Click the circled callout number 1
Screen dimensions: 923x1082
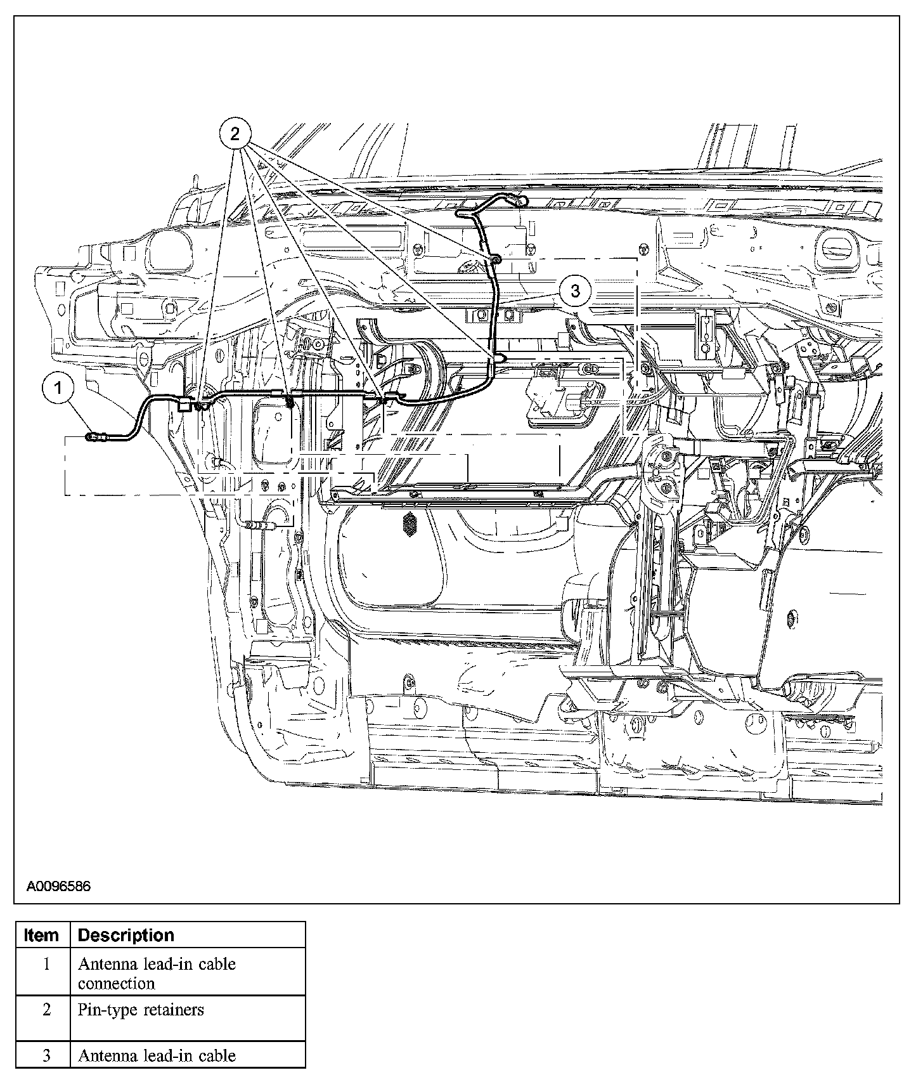(x=58, y=388)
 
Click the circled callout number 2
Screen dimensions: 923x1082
(x=235, y=133)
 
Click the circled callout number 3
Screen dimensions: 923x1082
(x=576, y=292)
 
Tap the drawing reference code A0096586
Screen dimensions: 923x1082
(x=58, y=886)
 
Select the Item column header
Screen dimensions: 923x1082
(x=42, y=935)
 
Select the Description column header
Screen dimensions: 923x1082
(x=126, y=935)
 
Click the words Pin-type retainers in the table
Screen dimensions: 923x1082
(x=141, y=1010)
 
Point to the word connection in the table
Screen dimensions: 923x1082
(x=116, y=984)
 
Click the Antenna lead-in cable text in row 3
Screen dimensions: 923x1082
(x=157, y=1056)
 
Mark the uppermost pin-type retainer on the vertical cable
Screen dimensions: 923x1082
(x=496, y=259)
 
